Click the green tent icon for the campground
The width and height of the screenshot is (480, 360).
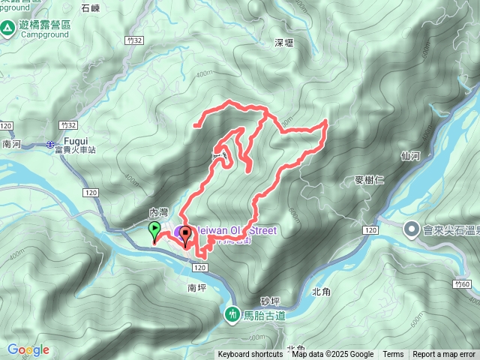8,28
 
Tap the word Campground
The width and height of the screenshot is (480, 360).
37,34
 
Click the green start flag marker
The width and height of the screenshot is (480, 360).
154,229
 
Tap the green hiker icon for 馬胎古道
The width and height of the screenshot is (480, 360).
233,314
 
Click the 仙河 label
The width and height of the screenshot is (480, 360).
410,156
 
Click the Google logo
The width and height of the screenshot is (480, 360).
28,349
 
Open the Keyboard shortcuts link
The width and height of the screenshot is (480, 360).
250,355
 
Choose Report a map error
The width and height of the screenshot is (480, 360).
444,355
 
